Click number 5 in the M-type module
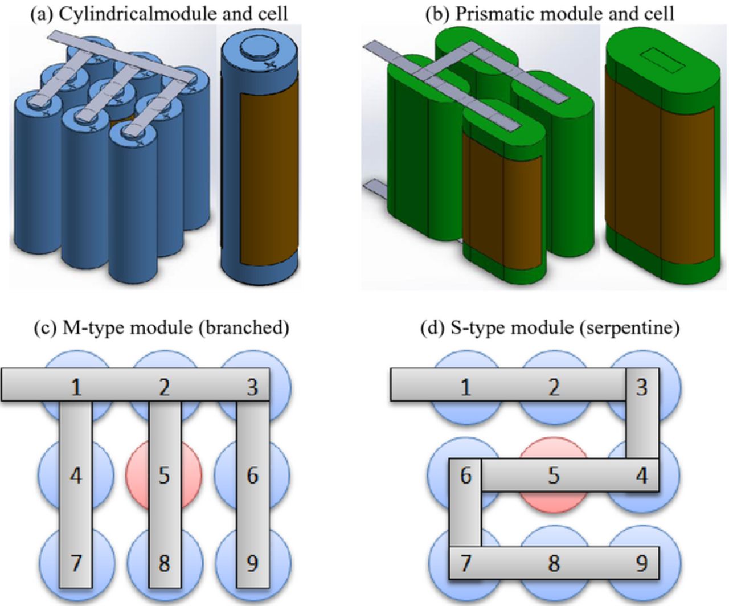point(163,475)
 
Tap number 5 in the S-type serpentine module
point(554,475)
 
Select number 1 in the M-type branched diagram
point(75,387)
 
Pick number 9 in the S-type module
point(641,563)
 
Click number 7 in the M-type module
point(75,563)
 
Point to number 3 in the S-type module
point(641,387)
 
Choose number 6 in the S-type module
point(465,475)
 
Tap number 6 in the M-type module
point(252,475)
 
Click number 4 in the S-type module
point(641,475)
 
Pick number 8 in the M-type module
point(163,563)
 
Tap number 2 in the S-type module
point(554,387)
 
